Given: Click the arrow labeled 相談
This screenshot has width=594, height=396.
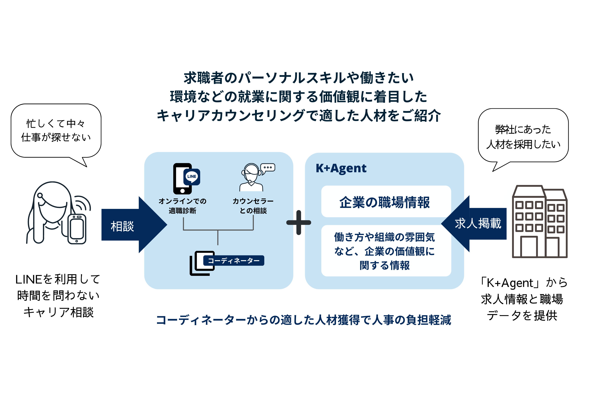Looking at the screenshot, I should (131, 225).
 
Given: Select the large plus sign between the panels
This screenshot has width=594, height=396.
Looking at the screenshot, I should (299, 223).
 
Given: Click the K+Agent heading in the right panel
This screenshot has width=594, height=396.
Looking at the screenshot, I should (341, 168).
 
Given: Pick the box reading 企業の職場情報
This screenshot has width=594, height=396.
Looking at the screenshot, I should (386, 202).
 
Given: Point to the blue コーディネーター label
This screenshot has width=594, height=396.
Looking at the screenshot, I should (234, 260).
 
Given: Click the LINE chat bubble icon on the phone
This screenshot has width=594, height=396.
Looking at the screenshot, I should (192, 177).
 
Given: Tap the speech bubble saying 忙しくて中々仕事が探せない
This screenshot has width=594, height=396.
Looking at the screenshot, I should (56, 130).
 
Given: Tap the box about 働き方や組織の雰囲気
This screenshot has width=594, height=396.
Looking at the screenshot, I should (386, 251).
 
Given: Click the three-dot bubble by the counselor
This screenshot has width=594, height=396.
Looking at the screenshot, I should (268, 168).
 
